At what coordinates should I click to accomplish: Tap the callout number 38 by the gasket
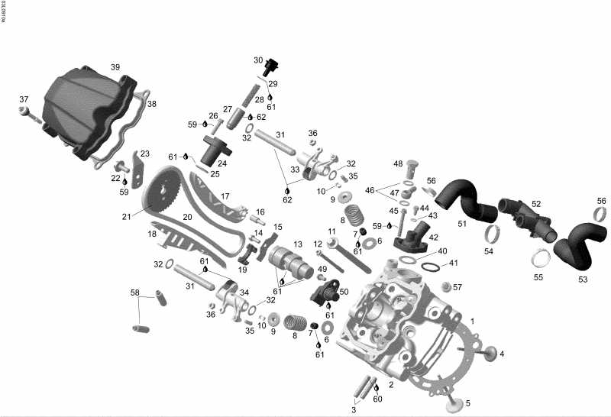click(152, 104)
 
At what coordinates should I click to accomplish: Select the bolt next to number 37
click(28, 112)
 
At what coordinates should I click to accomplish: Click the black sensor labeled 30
click(267, 68)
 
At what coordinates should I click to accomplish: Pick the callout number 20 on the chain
click(187, 217)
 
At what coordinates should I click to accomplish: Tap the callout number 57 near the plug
click(458, 287)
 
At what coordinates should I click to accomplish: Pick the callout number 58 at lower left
click(135, 293)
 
